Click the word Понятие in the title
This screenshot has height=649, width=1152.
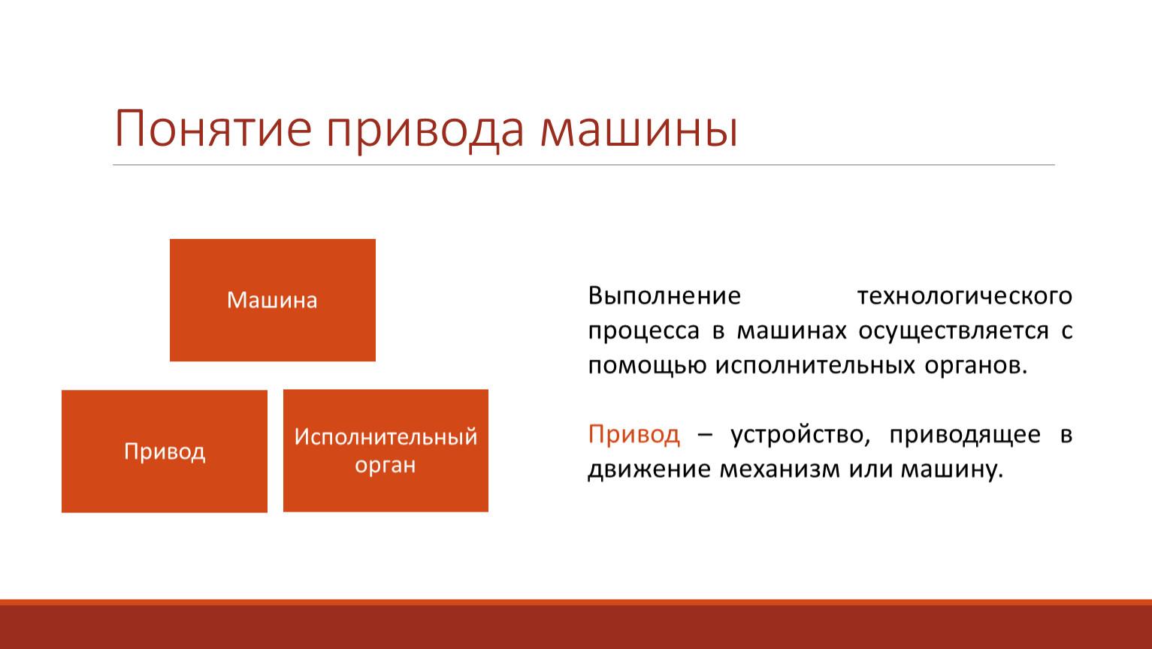[x=213, y=128]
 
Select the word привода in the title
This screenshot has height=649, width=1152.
[x=425, y=131]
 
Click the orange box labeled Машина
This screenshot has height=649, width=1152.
[x=273, y=300]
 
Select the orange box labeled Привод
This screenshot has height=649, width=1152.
[x=165, y=451]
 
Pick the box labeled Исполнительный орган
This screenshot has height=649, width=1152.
[x=386, y=451]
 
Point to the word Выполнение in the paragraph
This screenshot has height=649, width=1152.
[x=664, y=296]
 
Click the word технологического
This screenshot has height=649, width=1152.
[x=964, y=297]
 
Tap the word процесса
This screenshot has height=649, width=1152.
[x=644, y=331]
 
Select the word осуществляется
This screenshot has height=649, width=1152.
[x=954, y=331]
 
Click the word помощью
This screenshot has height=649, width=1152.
[x=647, y=366]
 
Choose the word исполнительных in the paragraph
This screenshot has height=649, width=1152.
[x=815, y=366]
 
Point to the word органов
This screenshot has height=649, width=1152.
[x=975, y=366]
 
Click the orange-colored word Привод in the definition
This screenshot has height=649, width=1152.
[x=634, y=435]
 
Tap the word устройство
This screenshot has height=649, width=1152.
[x=800, y=435]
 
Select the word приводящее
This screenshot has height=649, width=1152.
[x=965, y=435]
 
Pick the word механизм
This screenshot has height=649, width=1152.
[x=780, y=469]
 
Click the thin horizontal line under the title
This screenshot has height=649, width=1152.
[x=584, y=165]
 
